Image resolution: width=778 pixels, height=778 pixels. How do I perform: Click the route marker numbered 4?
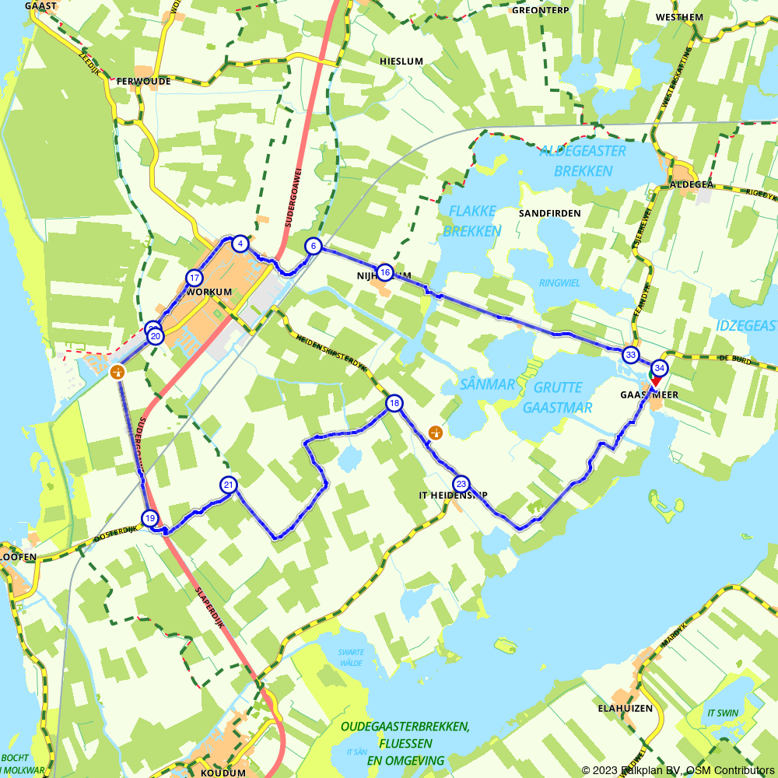241,244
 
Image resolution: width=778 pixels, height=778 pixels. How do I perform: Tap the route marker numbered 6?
313,247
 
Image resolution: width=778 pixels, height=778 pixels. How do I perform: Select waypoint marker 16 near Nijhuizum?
384,272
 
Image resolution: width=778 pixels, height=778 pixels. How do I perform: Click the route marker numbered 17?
194,278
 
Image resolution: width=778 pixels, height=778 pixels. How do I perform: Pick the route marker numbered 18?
394,403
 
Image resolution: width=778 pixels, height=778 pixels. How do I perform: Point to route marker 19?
150,518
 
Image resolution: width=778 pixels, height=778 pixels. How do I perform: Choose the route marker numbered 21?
228,485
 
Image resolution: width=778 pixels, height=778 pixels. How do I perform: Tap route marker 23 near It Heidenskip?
461,483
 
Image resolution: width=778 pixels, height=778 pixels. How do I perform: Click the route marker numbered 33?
630,356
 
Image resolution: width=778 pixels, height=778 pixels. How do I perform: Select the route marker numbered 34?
660,368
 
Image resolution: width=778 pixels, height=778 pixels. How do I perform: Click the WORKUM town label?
210,292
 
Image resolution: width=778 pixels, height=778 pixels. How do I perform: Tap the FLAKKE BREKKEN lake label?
472,220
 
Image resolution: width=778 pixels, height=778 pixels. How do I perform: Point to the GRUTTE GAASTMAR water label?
558,398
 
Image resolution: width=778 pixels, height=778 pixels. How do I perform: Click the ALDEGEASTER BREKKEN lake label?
582,160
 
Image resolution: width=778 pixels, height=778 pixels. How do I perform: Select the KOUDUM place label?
223,773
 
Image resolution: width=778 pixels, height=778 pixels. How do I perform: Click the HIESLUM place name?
401,61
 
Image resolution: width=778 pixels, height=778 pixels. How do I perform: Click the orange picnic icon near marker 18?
436,432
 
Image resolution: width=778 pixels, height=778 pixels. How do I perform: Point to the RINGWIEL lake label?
559,283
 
